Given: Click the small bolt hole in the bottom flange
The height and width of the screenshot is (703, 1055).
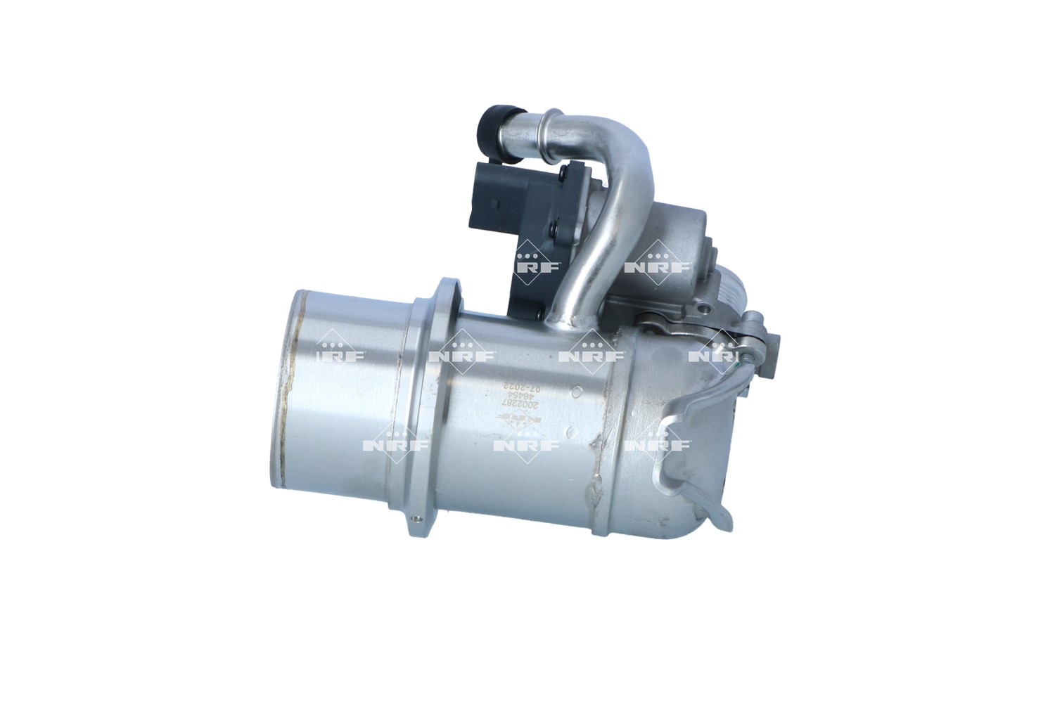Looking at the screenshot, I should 419,520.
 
